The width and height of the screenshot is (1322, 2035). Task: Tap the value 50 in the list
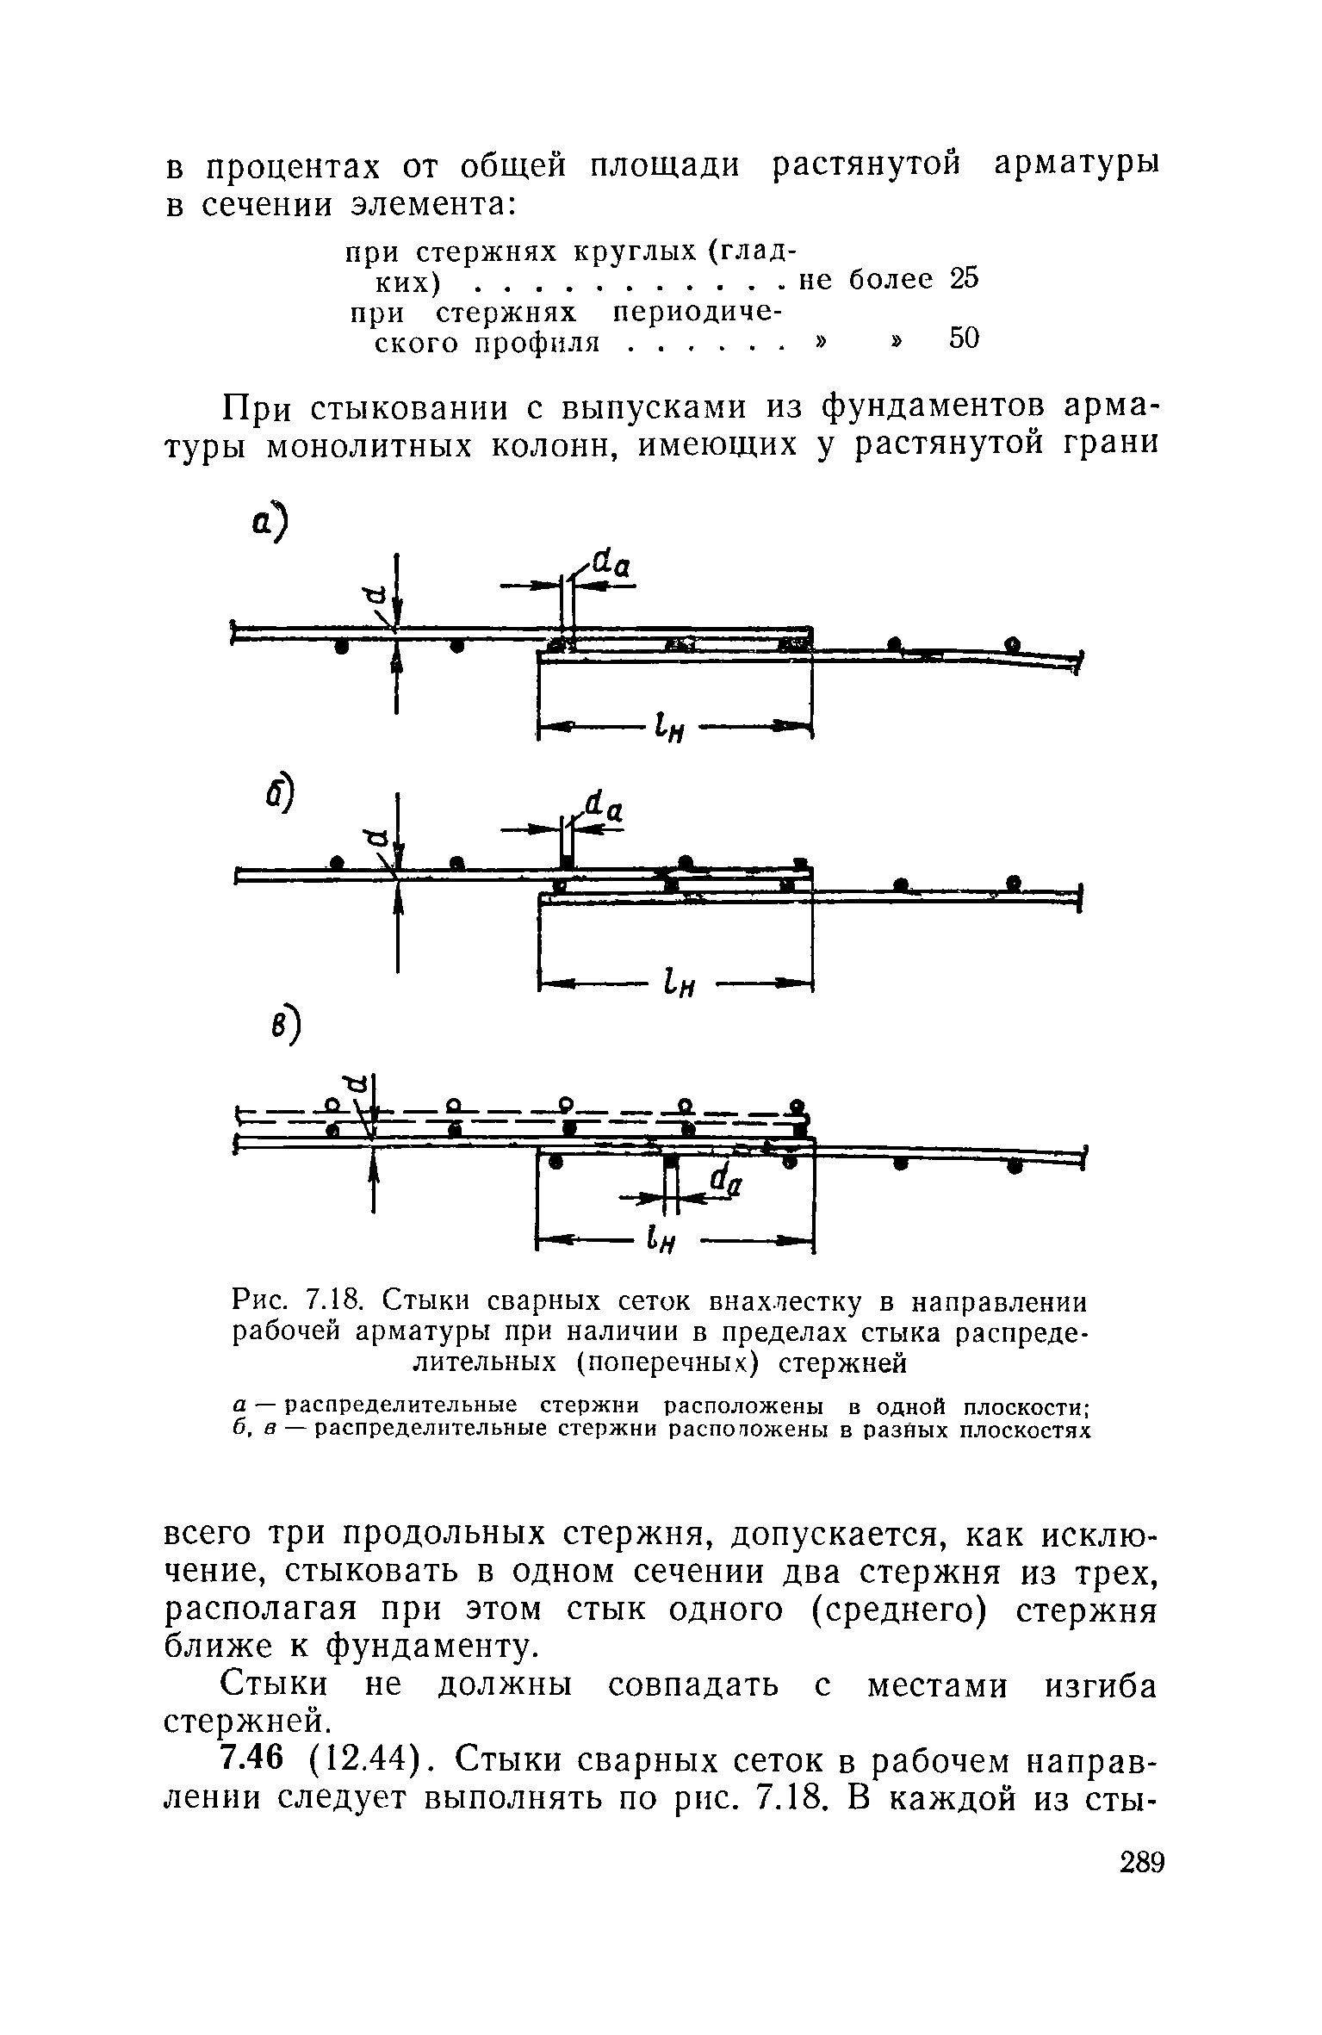click(964, 339)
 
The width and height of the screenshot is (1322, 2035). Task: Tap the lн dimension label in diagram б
click(679, 984)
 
